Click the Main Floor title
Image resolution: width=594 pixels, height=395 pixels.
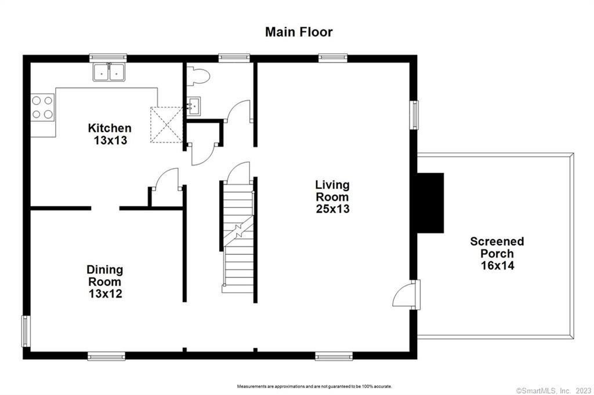click(x=299, y=32)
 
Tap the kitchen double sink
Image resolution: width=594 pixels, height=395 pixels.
click(x=109, y=72)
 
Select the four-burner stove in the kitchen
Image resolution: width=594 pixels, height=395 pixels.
click(x=42, y=108)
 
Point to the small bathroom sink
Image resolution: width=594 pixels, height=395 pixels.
click(x=194, y=105)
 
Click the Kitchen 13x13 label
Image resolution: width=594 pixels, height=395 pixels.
click(x=110, y=134)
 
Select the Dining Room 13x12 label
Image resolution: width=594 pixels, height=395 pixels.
click(x=105, y=281)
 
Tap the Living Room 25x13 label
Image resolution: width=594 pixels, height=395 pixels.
click(x=332, y=196)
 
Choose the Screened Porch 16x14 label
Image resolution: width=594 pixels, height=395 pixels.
click(x=497, y=253)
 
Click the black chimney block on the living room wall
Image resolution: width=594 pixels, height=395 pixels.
click(x=430, y=203)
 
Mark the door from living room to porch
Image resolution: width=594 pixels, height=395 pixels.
click(x=405, y=294)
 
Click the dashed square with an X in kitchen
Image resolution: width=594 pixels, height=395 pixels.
click(x=166, y=125)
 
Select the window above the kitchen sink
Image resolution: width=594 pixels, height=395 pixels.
click(x=108, y=57)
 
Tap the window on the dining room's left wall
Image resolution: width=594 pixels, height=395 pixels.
click(x=26, y=331)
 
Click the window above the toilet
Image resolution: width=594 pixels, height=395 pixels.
click(x=234, y=57)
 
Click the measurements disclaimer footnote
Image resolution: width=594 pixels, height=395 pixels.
click(x=314, y=386)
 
